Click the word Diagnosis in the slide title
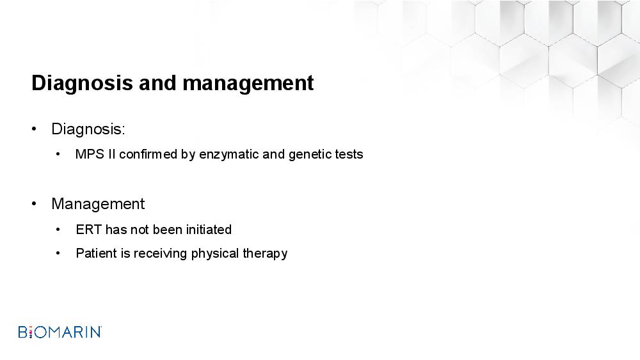pos(82,83)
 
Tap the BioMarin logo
pos(60,332)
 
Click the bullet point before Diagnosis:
pos(34,129)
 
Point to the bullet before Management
pos(34,204)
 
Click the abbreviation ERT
pos(88,230)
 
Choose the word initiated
pos(209,230)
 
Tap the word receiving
pos(161,254)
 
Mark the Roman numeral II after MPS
pos(112,154)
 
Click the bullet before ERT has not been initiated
pos(58,230)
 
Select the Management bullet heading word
pos(98,204)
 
